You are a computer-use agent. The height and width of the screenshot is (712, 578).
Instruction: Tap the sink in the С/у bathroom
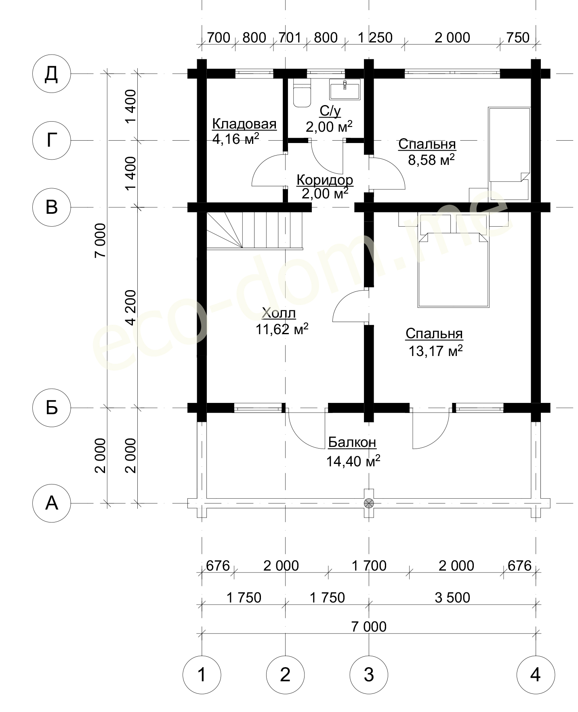pos(345,89)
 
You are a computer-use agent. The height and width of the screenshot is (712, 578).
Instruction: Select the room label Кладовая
pos(244,124)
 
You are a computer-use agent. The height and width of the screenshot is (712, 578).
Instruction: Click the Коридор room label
pos(325,180)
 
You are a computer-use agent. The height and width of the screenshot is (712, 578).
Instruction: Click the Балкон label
pos(352,442)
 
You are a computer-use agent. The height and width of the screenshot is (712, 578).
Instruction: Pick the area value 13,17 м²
pos(435,351)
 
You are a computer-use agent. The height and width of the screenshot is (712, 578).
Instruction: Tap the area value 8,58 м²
pos(431,160)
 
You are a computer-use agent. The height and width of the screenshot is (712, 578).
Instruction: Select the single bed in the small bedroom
pos(509,154)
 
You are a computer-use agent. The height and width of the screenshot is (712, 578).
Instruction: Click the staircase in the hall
pos(254,231)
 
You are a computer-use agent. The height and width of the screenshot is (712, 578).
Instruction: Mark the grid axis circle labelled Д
pos(52,74)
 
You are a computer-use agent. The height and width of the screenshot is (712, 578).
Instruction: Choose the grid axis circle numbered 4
pos(536,674)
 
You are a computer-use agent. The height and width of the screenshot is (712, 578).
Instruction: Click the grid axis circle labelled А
pos(52,503)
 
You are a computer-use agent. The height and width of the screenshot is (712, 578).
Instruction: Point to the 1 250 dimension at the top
pos(375,38)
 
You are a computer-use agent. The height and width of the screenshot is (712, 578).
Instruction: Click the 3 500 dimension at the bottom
pos(452,597)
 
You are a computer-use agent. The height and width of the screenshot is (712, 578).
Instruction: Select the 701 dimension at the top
pos(290,38)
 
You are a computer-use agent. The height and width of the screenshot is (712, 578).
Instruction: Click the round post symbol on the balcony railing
pos(369,503)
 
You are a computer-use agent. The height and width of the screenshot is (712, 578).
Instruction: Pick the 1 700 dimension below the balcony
pos(369,566)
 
